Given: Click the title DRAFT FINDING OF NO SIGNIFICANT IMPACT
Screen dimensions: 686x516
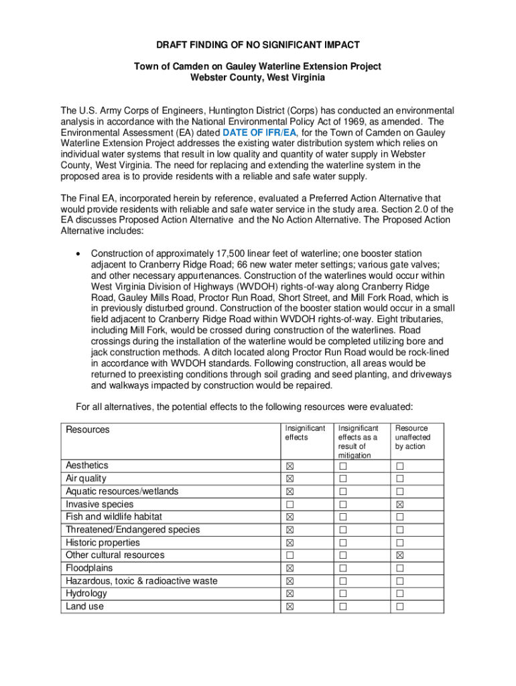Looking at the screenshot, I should (258, 45).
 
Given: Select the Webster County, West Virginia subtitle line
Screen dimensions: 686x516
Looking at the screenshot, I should (258, 78).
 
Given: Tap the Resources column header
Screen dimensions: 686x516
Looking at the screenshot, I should (87, 429).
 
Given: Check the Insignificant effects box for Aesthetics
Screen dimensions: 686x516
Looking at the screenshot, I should (290, 466).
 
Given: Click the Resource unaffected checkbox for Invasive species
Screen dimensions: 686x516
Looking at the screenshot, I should (400, 504).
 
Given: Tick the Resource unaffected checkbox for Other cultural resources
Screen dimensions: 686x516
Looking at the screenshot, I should (400, 555).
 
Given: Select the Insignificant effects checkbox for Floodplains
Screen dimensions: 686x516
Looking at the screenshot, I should (290, 568).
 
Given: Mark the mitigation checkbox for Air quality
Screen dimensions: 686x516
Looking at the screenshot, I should (344, 479).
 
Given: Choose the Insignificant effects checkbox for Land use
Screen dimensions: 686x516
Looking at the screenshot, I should (290, 607).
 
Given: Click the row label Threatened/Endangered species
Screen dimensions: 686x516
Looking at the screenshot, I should (133, 529).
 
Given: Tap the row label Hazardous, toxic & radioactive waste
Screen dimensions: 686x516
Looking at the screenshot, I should (141, 581).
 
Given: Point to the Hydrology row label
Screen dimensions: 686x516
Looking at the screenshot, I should (86, 594).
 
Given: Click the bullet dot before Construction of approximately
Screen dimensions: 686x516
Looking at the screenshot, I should (80, 254).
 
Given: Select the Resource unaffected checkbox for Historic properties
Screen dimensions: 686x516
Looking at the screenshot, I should (400, 543).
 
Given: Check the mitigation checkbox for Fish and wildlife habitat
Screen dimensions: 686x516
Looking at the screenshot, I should (344, 517).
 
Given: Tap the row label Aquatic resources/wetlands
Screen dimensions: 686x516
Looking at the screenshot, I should (122, 491).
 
